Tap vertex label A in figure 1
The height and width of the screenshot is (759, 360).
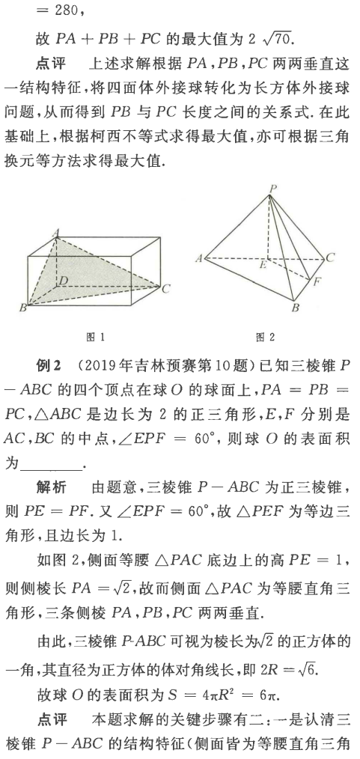pyautogui.click(x=55, y=234)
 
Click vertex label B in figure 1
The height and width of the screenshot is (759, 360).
pyautogui.click(x=22, y=308)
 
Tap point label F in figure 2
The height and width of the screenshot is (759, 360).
pyautogui.click(x=317, y=284)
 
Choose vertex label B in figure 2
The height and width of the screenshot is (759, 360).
pyautogui.click(x=295, y=308)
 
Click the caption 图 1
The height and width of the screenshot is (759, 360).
pyautogui.click(x=96, y=338)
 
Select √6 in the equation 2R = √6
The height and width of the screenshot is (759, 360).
pyautogui.click(x=314, y=669)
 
